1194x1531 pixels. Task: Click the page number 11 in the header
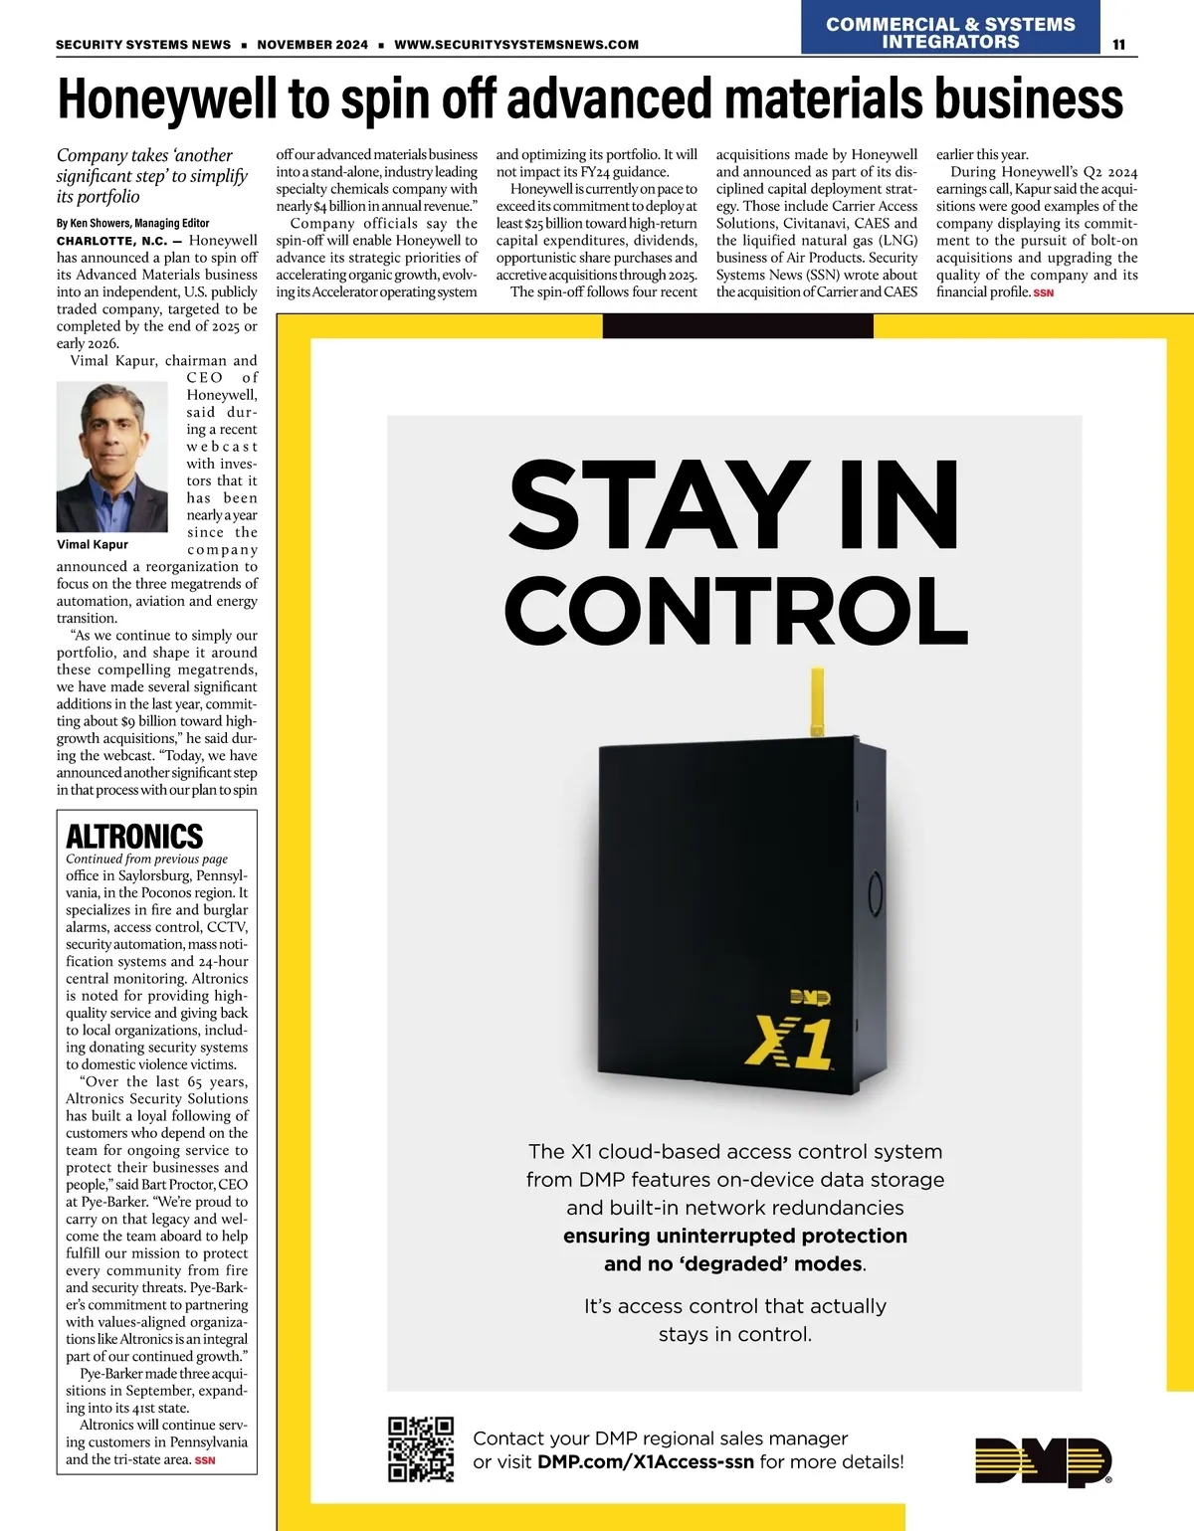1118,45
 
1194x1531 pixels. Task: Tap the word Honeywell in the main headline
167,99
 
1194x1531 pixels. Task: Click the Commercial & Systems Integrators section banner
950,33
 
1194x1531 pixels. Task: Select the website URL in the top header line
516,45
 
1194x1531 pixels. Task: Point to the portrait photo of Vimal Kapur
112,458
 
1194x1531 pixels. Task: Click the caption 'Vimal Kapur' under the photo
93,544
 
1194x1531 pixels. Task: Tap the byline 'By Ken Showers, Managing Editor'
132,223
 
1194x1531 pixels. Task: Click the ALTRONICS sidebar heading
134,836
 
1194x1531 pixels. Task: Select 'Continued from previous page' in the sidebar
146,859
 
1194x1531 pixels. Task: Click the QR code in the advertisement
420,1449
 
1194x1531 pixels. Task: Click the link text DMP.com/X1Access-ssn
646,1462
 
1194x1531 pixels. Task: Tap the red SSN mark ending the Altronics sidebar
205,1460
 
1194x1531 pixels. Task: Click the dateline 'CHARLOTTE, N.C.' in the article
111,241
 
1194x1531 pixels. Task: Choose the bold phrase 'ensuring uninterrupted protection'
735,1236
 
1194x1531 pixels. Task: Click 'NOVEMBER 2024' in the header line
312,45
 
